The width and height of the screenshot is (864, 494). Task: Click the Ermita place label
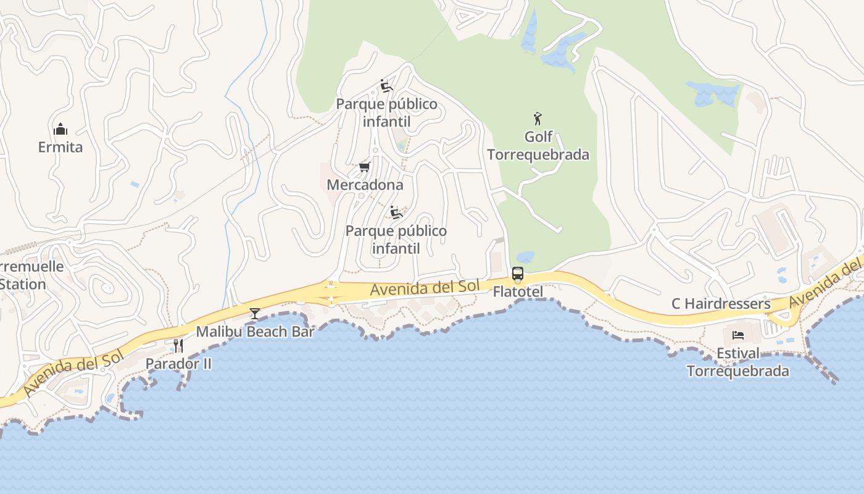point(60,148)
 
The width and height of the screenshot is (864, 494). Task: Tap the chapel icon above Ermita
point(60,129)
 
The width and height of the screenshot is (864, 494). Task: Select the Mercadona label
point(365,185)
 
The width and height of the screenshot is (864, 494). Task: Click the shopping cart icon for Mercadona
point(365,167)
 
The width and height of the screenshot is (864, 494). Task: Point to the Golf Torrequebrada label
point(538,145)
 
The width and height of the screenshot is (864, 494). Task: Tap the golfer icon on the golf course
point(538,119)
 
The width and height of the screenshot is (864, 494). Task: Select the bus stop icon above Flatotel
point(518,273)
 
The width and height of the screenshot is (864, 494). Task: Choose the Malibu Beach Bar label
point(255,332)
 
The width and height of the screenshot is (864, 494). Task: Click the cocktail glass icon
point(254,314)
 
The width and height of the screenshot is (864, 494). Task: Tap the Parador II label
point(178,364)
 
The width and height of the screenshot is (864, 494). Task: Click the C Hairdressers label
point(721,304)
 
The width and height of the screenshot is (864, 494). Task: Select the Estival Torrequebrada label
point(737,362)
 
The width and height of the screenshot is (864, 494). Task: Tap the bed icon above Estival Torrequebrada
point(737,336)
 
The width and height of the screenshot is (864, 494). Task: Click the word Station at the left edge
point(23,285)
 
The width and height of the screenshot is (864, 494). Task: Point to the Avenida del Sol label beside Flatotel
point(425,287)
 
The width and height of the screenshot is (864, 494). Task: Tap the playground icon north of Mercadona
point(386,86)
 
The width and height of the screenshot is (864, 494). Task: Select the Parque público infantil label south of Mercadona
point(396,240)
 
